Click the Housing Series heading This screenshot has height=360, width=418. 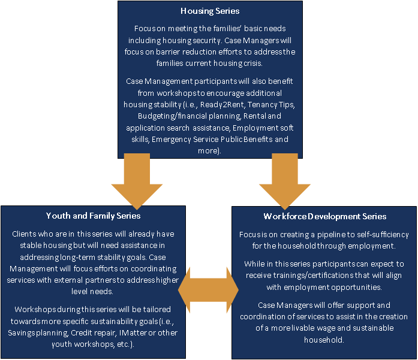210,11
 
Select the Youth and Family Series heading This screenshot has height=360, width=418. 93,216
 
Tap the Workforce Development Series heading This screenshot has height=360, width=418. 324,216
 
